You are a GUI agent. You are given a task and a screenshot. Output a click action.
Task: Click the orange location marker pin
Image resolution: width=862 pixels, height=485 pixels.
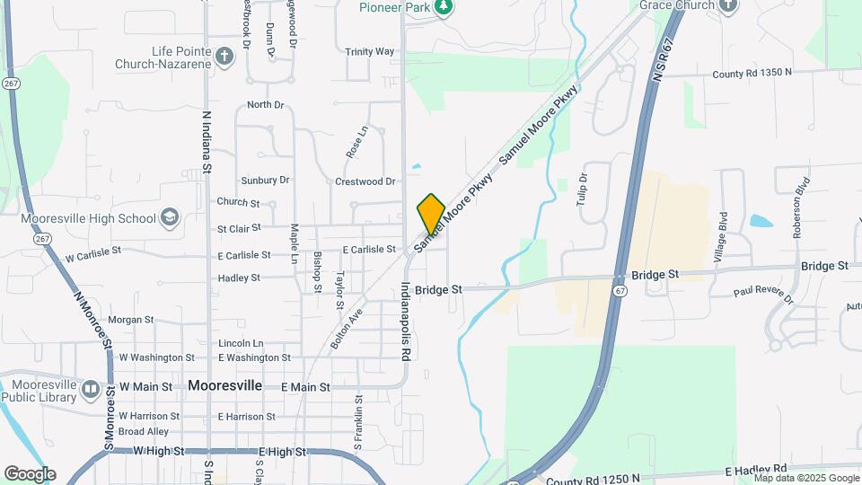431,214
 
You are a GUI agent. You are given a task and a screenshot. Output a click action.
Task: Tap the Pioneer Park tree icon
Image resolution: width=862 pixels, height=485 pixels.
443,7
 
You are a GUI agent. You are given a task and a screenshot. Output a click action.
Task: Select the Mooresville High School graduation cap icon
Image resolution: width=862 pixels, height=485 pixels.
169,217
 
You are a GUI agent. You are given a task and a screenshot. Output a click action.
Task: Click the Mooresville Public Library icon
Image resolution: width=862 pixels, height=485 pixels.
90,390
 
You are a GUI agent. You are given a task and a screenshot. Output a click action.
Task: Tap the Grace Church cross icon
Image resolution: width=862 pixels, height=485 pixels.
728,5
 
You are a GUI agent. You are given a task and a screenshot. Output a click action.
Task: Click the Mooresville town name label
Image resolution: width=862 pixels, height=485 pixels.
224,385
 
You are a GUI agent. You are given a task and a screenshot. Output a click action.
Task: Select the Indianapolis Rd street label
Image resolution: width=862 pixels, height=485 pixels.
405,321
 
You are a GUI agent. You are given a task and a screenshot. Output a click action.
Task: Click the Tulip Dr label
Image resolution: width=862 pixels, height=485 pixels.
582,190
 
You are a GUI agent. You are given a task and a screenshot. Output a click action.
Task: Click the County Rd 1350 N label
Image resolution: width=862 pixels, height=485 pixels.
752,72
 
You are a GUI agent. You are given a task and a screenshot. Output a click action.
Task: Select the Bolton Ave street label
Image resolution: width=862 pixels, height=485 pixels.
346,331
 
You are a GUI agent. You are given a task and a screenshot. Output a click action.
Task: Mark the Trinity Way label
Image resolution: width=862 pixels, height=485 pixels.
370,52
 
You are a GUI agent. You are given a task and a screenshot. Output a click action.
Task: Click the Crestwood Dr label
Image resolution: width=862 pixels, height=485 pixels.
365,181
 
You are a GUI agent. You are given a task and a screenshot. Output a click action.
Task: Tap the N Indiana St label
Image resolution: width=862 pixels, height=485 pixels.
207,142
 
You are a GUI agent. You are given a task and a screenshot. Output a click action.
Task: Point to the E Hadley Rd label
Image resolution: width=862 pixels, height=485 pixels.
756,469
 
